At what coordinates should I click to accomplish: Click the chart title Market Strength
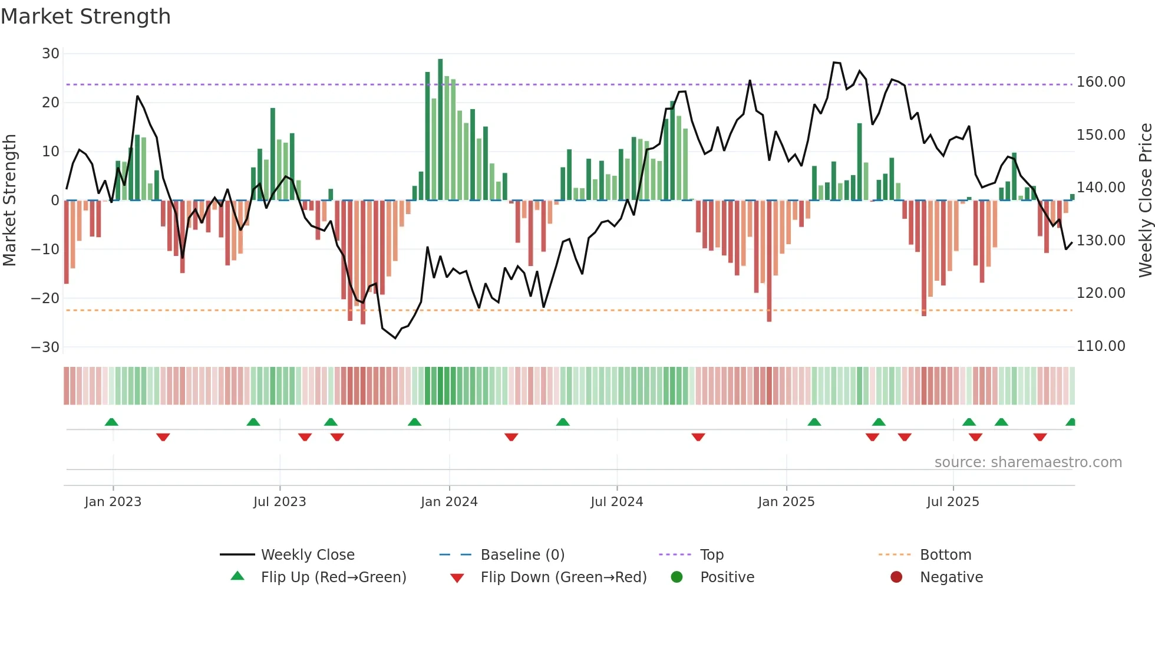[x=85, y=17]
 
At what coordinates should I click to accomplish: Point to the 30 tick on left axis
[x=51, y=54]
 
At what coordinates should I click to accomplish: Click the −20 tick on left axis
[x=46, y=298]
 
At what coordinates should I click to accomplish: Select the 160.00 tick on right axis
[x=1101, y=82]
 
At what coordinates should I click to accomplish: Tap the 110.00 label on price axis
[x=1101, y=346]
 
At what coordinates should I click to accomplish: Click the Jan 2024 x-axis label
[x=449, y=502]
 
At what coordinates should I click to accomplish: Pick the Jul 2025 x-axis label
[x=953, y=502]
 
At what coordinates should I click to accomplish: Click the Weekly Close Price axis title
[x=1145, y=201]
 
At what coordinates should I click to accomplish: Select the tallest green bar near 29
[x=440, y=130]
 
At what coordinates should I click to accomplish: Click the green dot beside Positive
[x=676, y=577]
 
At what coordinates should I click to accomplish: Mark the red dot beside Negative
[x=896, y=577]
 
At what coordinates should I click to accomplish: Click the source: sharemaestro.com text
[x=1028, y=462]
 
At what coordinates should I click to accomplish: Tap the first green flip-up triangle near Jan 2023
[x=111, y=422]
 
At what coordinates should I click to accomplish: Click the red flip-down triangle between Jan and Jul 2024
[x=511, y=437]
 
